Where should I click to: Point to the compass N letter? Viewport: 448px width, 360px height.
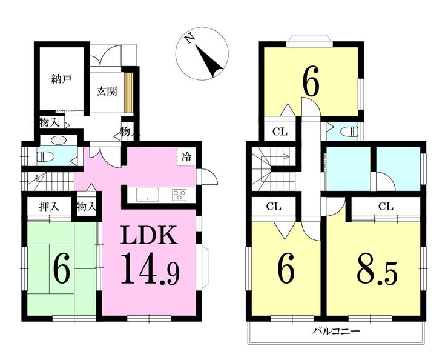(x=190, y=39)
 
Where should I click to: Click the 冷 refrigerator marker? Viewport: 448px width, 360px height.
(x=186, y=156)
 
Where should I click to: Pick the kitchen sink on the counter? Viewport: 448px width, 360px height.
(x=147, y=195)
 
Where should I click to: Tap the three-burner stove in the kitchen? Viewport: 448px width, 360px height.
(x=180, y=195)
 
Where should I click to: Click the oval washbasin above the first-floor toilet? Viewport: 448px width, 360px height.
(x=59, y=140)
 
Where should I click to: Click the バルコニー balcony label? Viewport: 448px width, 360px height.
(x=337, y=332)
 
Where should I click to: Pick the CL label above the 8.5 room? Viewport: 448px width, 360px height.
(x=385, y=207)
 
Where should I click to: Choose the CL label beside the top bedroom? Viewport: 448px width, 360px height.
(x=279, y=132)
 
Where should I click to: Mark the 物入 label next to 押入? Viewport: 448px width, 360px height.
(x=87, y=207)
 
